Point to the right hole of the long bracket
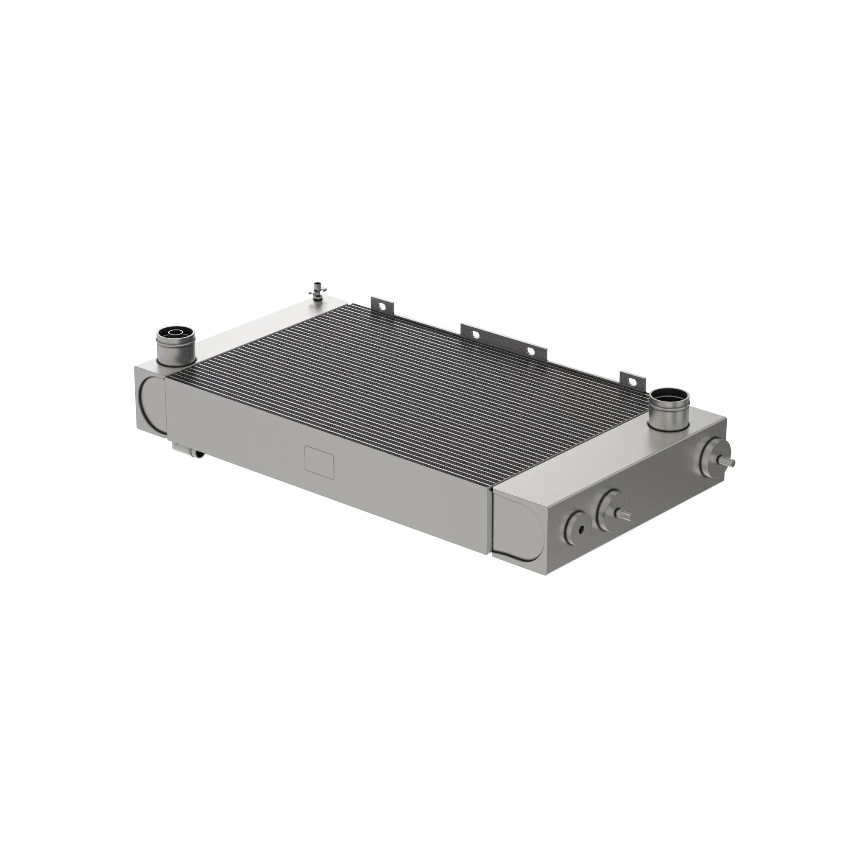pyautogui.click(x=531, y=351)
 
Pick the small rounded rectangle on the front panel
pyautogui.click(x=319, y=462)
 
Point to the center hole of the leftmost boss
pyautogui.click(x=581, y=530)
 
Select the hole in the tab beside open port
pyautogui.click(x=634, y=378)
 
